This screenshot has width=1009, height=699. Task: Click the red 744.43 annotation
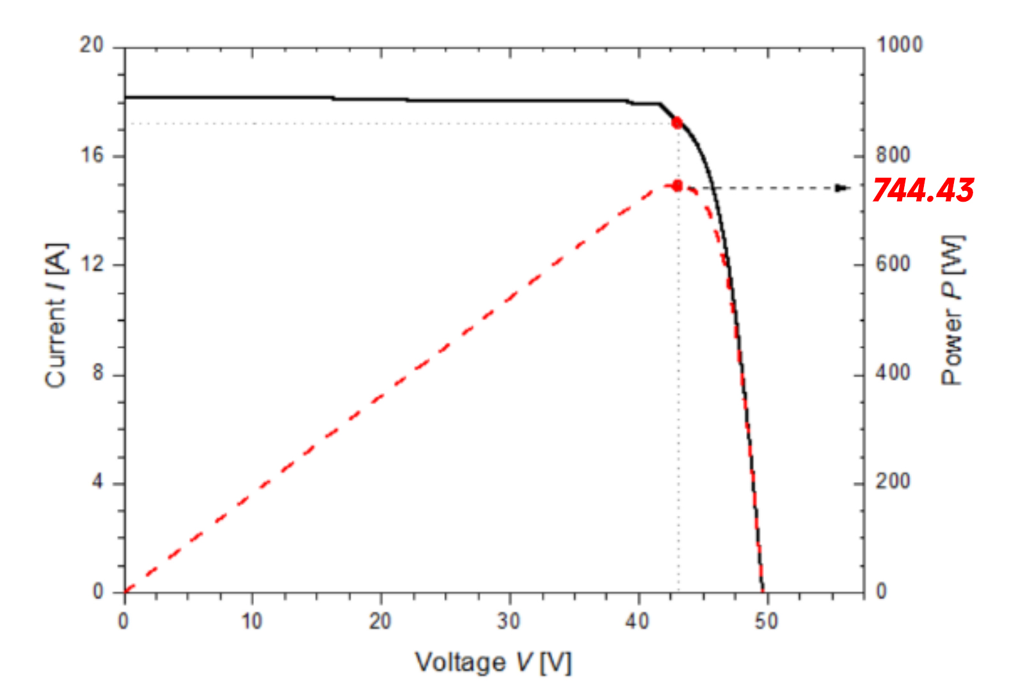coord(923,190)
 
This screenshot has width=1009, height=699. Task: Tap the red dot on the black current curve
coord(677,123)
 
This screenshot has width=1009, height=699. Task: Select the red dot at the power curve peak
coord(677,186)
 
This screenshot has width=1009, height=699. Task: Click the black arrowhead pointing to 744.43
coord(844,188)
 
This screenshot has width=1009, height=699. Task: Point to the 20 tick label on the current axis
coord(91,45)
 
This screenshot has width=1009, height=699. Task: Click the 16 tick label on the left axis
coord(91,155)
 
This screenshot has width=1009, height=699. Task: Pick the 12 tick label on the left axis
coord(91,264)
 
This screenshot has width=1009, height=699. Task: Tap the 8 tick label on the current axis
coord(97,373)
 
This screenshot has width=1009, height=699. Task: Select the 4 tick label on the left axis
coord(97,482)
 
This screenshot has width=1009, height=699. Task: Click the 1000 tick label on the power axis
coord(899,45)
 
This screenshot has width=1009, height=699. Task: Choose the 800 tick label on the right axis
coord(893,155)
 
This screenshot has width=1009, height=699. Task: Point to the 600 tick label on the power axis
coord(893,264)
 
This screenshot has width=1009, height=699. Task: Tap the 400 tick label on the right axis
coord(893,373)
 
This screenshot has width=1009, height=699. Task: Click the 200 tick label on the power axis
coord(893,481)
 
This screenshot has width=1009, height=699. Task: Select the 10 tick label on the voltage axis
coord(252,621)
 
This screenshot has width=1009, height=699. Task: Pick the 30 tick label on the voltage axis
coord(509,621)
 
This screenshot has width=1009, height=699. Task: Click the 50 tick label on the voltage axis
coord(767,621)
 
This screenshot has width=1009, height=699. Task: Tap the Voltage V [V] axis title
coord(493,663)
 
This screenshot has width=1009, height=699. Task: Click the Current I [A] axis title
coord(56,315)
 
